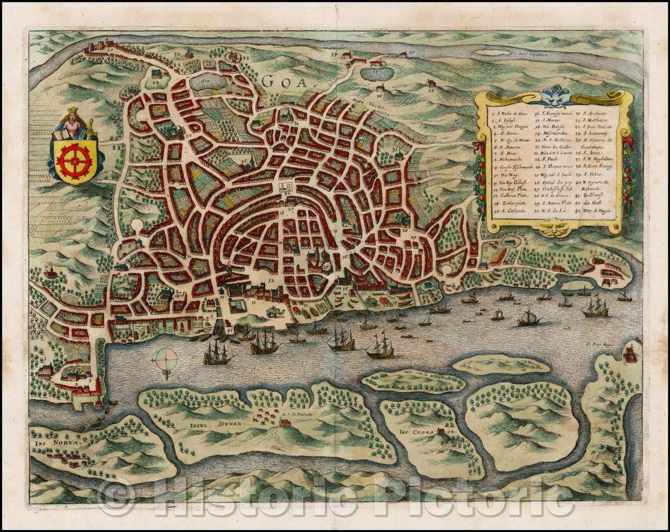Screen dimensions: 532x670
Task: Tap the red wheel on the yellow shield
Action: pyautogui.click(x=74, y=160)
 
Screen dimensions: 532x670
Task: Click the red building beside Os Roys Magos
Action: pyautogui.click(x=630, y=354)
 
